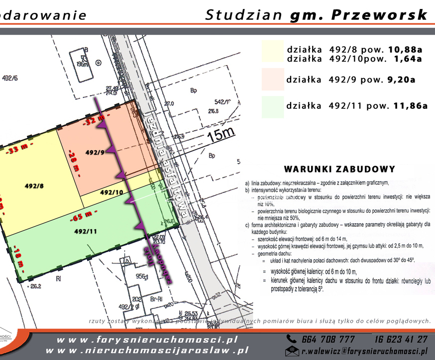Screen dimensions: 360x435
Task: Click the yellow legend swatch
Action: click(272, 53)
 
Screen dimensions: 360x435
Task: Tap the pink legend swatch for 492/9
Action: click(272, 79)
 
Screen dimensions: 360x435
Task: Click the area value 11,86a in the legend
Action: click(410, 106)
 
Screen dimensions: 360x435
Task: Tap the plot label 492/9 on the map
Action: click(96, 152)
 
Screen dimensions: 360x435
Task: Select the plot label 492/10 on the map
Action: click(111, 192)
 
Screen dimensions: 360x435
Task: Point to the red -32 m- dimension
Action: click(95, 120)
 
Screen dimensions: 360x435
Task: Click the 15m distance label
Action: click(220, 133)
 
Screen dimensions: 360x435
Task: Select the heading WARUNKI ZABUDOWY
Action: click(339, 169)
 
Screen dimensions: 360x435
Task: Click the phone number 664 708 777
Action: click(328, 340)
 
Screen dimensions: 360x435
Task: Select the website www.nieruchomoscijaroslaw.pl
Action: click(153, 351)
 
